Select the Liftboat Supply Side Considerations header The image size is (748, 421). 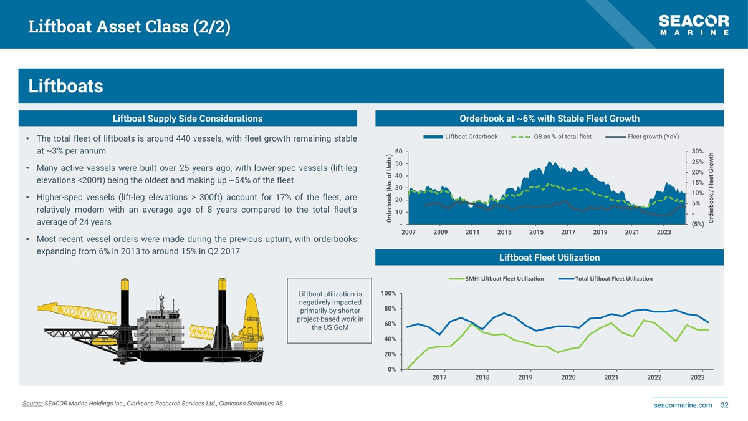click(x=188, y=119)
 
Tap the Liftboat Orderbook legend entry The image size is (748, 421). click(x=461, y=137)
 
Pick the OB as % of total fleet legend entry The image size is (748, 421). click(x=552, y=137)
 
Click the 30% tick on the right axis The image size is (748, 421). click(x=698, y=152)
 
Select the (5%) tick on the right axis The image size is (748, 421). click(x=698, y=225)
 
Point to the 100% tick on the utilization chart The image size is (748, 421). click(x=388, y=294)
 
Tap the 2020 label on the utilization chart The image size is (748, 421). click(x=568, y=377)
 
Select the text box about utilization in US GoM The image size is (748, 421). click(x=330, y=311)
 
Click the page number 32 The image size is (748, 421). click(x=724, y=405)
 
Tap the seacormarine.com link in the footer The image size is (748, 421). click(x=683, y=405)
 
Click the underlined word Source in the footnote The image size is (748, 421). click(x=32, y=404)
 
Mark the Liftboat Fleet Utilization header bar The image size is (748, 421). click(x=549, y=258)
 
